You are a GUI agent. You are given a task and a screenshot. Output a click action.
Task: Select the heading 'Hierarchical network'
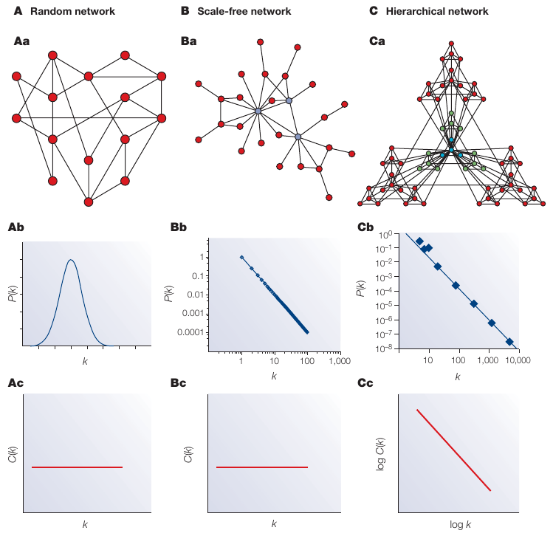point(428,11)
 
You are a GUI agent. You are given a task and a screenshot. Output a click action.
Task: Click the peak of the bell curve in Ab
point(71,260)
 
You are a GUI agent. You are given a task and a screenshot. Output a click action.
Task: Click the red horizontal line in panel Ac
point(77,467)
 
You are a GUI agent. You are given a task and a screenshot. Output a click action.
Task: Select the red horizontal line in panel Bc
point(262,467)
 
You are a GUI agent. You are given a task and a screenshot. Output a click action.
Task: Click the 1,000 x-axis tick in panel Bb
point(340,362)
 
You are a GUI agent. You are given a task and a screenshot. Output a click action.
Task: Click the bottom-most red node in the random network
point(89,202)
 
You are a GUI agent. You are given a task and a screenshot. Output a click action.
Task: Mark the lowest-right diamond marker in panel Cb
point(509,342)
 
